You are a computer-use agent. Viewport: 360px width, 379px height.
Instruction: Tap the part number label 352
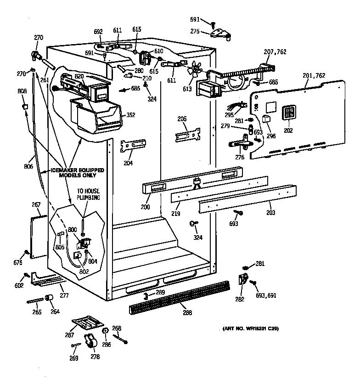pos(130,115)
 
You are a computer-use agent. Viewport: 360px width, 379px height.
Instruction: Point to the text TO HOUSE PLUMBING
pos(88,194)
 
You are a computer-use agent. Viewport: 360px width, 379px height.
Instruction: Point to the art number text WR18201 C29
pos(251,328)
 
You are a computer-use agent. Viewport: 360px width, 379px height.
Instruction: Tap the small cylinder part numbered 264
pos(51,300)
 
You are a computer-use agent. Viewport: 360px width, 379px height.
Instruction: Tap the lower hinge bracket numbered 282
pos(242,279)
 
